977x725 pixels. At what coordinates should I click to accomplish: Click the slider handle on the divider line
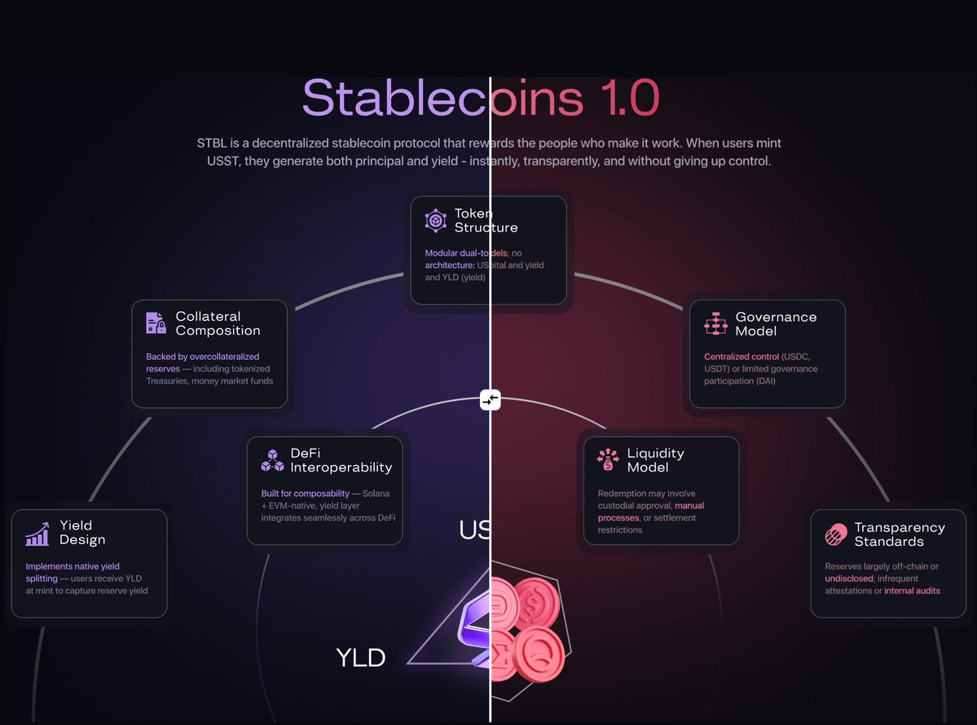point(490,400)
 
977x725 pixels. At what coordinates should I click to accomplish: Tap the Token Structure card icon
point(436,221)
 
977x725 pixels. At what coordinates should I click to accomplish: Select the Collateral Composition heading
point(218,323)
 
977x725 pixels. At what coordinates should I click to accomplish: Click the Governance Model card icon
point(715,323)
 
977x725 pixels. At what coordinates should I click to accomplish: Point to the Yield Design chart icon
point(37,534)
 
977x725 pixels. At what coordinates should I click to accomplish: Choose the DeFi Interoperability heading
point(341,460)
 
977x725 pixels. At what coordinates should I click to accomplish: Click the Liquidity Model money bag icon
point(607,459)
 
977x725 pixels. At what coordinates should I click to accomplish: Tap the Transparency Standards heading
point(900,534)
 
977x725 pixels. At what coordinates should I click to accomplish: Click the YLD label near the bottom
point(361,657)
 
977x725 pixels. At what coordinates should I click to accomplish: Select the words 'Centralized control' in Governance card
point(741,357)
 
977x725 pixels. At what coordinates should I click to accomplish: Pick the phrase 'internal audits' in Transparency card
point(912,591)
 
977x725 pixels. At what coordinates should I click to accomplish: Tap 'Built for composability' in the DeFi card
point(304,494)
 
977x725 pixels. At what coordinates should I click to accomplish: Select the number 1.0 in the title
point(632,99)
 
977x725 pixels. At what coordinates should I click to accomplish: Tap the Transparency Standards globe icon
point(835,535)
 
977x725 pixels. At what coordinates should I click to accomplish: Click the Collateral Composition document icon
point(156,323)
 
